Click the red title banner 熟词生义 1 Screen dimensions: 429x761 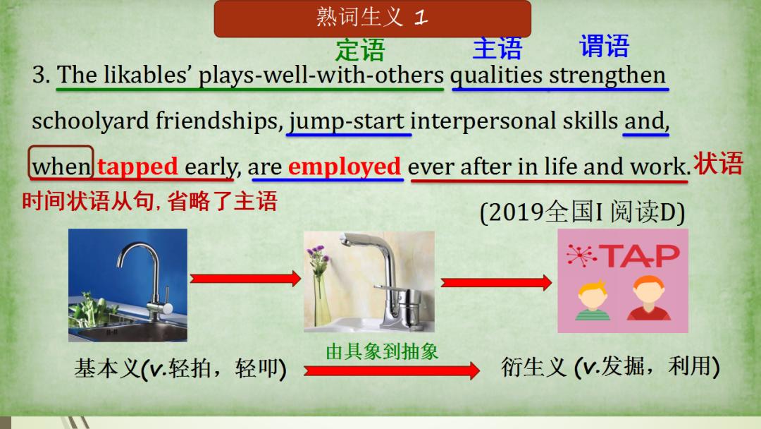point(372,18)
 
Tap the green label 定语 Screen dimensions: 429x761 point(360,50)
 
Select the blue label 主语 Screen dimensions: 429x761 point(497,49)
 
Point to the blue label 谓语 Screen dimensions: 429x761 point(604,47)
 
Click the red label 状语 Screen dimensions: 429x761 point(718,164)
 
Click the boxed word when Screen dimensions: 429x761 point(61,167)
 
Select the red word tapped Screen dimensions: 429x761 point(137,167)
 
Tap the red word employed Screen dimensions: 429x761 point(345,167)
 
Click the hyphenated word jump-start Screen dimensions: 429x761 point(348,121)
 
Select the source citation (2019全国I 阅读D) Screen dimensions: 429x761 point(582,212)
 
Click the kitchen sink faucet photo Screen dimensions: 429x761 point(128,284)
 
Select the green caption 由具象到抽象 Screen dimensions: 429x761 point(382,351)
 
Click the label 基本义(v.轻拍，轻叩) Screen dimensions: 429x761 point(180,368)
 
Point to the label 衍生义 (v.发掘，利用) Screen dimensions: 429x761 point(610,367)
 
